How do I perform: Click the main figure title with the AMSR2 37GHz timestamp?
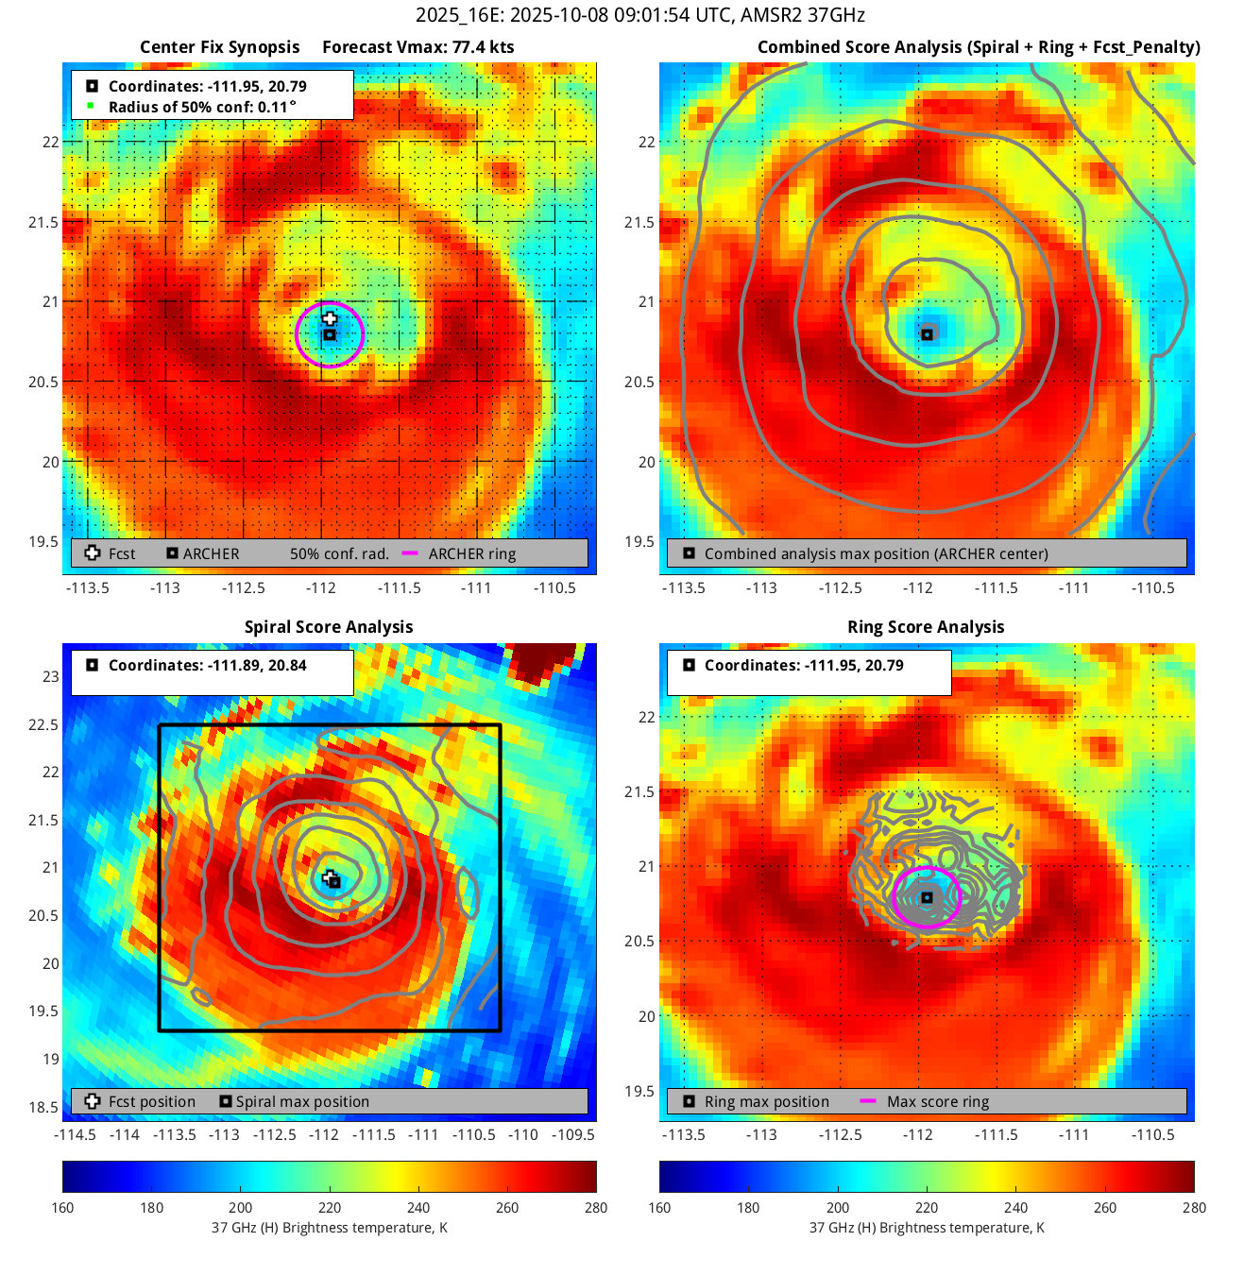[639, 15]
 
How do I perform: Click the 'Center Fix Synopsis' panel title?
[219, 47]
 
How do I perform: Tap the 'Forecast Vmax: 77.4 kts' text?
[418, 47]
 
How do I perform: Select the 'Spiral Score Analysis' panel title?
[329, 627]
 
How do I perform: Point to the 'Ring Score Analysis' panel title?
[926, 627]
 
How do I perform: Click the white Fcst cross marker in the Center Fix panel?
[330, 318]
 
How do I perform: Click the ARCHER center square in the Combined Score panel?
[928, 334]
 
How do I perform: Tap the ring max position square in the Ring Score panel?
[928, 897]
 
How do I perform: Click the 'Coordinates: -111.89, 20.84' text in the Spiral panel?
[207, 665]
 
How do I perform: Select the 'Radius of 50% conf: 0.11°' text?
[202, 107]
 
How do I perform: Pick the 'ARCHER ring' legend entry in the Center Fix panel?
[471, 554]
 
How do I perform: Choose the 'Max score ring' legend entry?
[937, 1101]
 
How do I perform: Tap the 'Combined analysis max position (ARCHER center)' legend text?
[876, 554]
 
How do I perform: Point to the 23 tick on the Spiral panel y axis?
[51, 676]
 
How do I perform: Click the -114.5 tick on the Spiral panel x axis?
[76, 1134]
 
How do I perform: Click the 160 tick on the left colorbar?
[63, 1207]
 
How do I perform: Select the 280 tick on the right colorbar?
[1194, 1207]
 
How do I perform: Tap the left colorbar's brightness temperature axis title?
[329, 1228]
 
